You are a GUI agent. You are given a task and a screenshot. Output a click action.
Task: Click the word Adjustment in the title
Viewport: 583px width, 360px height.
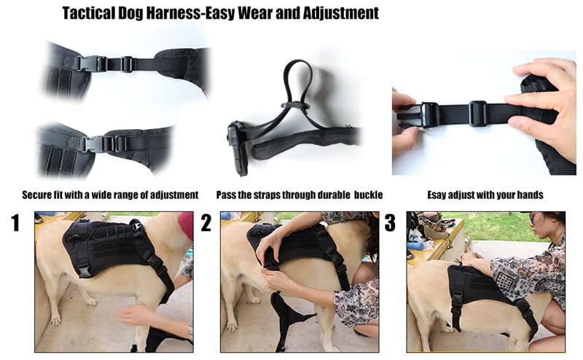pyautogui.click(x=340, y=13)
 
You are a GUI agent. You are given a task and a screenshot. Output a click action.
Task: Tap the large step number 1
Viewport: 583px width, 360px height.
pyautogui.click(x=15, y=223)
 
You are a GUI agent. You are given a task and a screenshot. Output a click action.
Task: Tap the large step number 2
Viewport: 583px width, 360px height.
pyautogui.click(x=206, y=223)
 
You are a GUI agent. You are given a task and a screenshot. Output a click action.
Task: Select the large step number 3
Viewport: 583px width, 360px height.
pyautogui.click(x=390, y=223)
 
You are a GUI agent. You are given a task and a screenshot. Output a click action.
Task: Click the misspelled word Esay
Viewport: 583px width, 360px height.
pyautogui.click(x=437, y=195)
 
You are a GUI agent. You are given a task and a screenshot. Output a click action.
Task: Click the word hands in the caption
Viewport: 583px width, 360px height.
pyautogui.click(x=531, y=195)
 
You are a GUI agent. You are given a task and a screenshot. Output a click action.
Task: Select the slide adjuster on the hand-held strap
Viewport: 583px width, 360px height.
pyautogui.click(x=477, y=114)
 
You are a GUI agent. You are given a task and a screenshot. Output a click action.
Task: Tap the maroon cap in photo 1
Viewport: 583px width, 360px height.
pyautogui.click(x=186, y=224)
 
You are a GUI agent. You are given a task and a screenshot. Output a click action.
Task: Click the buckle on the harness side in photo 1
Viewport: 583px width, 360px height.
pyautogui.click(x=84, y=270)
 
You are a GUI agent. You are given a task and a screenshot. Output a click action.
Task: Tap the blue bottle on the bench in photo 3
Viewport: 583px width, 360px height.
pyautogui.click(x=415, y=246)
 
